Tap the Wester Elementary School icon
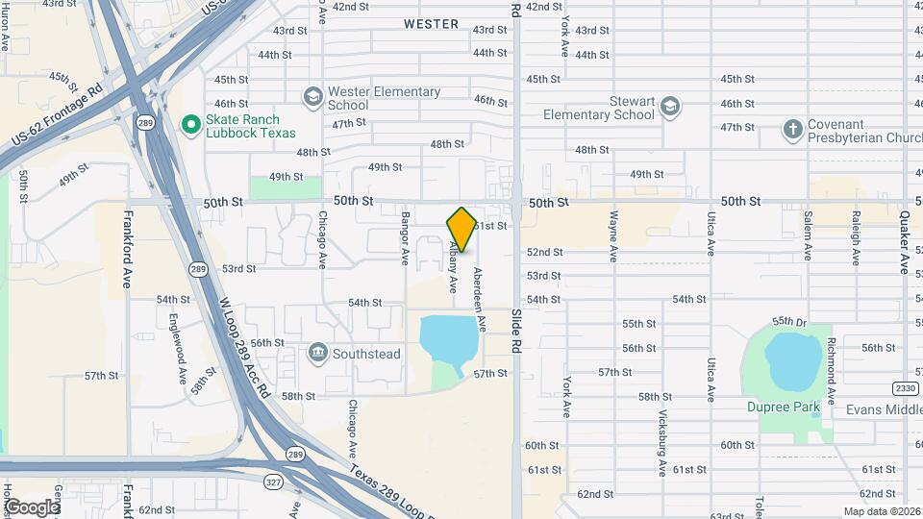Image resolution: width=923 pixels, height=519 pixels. [312, 96]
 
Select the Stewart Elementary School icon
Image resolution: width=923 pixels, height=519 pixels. [670, 106]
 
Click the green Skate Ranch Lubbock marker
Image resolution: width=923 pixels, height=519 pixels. [190, 124]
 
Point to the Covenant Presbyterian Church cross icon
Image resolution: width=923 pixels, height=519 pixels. [792, 130]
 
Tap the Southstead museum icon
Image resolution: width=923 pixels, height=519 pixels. [317, 354]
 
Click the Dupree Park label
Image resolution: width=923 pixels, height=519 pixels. [784, 407]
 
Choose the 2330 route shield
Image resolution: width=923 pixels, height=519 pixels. [904, 387]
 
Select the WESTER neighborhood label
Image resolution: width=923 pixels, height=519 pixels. [431, 24]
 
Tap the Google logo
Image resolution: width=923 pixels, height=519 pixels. [32, 507]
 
